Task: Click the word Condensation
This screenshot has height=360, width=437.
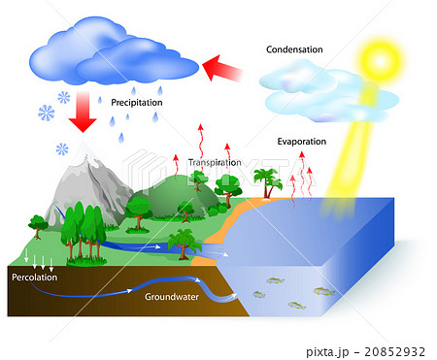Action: pos(295,49)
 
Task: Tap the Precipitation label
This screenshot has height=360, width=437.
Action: pos(137,101)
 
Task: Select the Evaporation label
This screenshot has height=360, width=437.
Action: pos(302,141)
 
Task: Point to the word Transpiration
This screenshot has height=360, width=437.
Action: pos(215,163)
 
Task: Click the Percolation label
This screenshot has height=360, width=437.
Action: pos(35,277)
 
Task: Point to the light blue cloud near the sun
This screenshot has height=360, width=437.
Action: pos(325,90)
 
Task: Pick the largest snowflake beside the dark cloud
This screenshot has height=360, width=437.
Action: pos(47,113)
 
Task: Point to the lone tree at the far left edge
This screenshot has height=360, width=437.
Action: pos(37,224)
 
